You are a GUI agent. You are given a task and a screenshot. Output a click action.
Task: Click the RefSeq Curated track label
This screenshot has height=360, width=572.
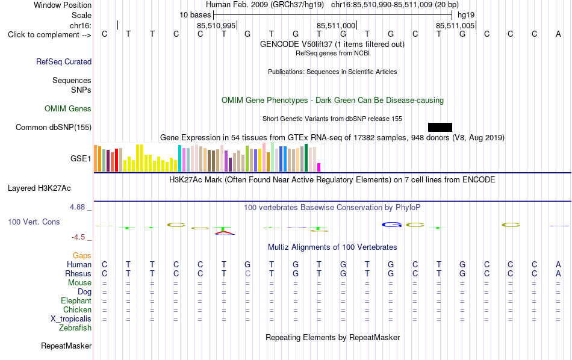click(x=64, y=61)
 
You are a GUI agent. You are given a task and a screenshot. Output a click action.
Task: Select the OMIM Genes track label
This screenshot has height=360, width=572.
click(x=68, y=109)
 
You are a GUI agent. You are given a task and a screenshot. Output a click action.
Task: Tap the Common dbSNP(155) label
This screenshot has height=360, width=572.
click(x=54, y=127)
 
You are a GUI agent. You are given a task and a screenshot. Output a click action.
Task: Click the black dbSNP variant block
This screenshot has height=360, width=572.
click(x=440, y=127)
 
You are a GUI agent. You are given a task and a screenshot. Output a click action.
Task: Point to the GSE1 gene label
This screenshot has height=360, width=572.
click(x=81, y=159)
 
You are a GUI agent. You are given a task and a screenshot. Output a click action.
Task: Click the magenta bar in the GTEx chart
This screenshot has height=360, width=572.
click(x=319, y=167)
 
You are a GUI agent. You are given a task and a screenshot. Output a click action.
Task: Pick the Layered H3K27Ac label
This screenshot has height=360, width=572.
click(x=39, y=188)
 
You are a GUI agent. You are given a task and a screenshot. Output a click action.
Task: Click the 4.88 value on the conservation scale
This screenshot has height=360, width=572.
click(x=77, y=207)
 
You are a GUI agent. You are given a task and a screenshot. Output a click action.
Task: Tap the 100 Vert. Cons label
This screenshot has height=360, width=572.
click(x=34, y=222)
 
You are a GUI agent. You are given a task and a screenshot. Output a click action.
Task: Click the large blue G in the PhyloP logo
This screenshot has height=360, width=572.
click(x=391, y=225)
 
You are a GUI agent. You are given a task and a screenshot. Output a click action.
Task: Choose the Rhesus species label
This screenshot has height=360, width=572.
click(x=78, y=273)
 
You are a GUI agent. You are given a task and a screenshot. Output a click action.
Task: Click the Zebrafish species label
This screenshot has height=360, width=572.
click(x=75, y=328)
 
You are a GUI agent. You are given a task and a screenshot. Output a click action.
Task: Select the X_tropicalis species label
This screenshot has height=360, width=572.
click(x=71, y=319)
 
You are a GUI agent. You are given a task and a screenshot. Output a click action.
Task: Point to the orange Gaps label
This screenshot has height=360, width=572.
click(x=82, y=256)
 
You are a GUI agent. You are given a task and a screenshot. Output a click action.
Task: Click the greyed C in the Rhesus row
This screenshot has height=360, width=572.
click(x=247, y=273)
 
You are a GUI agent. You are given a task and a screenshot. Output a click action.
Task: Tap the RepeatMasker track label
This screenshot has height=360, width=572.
click(x=66, y=346)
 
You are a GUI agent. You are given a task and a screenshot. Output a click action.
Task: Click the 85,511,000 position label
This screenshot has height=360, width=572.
click(x=335, y=25)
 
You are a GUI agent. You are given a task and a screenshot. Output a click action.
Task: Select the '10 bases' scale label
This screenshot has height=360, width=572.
click(x=195, y=15)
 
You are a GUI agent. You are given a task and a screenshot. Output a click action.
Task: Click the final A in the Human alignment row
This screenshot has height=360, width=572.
click(x=558, y=264)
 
